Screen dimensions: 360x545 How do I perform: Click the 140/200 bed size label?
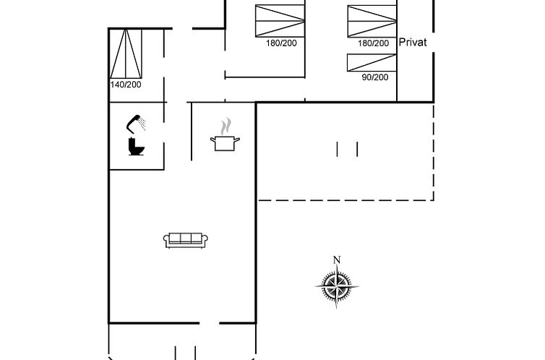coord(126,85)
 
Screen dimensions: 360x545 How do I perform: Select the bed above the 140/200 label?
coord(126,52)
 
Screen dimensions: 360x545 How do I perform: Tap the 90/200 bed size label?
coord(375,77)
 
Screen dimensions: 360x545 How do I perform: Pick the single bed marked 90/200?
coord(372,62)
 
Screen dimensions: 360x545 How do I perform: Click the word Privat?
coord(413,43)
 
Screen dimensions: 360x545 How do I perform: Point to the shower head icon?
coord(135,122)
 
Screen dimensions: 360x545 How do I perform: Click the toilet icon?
coord(136,147)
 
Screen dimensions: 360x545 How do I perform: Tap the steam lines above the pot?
coord(226,124)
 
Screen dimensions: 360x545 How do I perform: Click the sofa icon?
coord(186,240)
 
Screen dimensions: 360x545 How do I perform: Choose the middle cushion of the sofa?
coord(186,239)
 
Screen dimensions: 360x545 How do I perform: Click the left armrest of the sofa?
coord(167,241)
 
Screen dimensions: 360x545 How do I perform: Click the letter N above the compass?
coord(336,260)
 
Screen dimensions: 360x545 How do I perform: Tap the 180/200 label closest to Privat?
coord(374,43)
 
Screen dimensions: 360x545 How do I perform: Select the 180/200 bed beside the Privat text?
coord(372,20)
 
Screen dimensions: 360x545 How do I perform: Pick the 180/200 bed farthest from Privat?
coord(280,20)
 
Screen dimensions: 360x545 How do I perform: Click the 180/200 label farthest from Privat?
coord(281,43)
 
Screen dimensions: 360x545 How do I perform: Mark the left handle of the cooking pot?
coord(213,140)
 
